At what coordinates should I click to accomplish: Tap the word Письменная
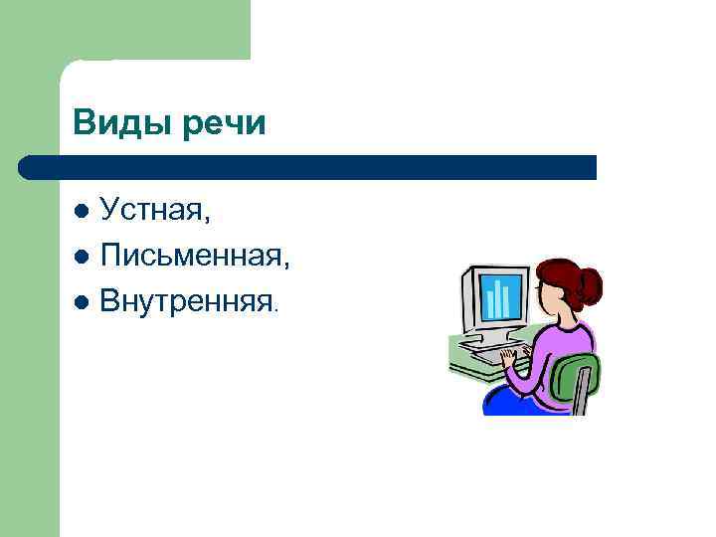(x=194, y=257)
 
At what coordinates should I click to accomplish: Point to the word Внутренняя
(x=188, y=300)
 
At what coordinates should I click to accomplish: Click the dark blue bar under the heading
(x=308, y=167)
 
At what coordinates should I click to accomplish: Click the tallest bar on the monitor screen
(x=503, y=295)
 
